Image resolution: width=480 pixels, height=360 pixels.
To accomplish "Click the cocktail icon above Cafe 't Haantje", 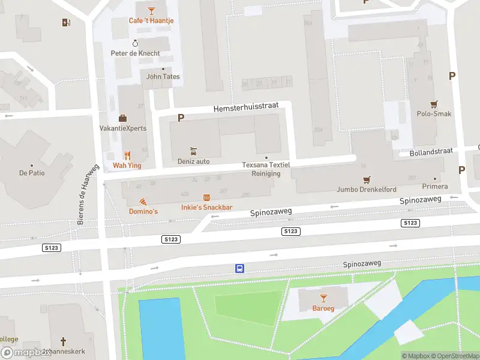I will coord(151,10).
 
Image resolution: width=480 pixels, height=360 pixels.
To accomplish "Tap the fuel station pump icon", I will coord(65,23).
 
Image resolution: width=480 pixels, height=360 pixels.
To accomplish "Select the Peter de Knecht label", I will coord(136,53).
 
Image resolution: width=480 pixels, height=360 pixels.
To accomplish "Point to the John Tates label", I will coord(163,77).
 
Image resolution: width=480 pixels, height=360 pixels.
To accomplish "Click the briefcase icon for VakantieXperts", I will coord(122,118).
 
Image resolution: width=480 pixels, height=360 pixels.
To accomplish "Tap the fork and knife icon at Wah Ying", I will coord(127,155).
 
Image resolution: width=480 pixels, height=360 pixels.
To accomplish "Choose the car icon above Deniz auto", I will coord(193,151).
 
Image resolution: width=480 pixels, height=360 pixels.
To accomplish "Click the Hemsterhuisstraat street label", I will coord(246,106).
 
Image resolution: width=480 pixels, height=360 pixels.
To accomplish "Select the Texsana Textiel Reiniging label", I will coord(266,169).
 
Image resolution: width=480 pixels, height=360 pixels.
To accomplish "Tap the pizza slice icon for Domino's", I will coord(143,202).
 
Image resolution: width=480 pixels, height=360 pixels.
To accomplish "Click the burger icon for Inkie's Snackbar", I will coord(207,197).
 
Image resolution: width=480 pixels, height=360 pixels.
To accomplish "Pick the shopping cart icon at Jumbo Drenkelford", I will coord(366,179).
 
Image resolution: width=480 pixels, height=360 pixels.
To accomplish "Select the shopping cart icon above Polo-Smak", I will coord(434,104).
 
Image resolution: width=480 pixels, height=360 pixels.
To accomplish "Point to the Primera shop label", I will coord(435,187).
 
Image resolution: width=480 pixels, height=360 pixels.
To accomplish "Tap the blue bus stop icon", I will coord(239,268).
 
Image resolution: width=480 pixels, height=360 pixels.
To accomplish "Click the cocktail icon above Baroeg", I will coord(323,298).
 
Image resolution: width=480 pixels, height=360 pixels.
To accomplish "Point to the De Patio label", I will coord(32,173).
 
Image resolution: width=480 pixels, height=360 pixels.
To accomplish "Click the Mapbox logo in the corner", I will coord(25,353).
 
